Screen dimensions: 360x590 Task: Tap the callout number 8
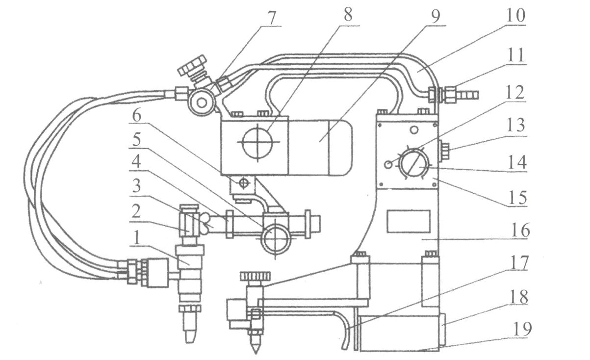[347, 14]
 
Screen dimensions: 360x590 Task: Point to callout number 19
[522, 328]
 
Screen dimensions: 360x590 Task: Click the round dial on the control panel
[412, 163]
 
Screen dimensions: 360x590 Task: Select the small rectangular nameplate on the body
[408, 221]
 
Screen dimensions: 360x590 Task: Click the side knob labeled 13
[443, 150]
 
